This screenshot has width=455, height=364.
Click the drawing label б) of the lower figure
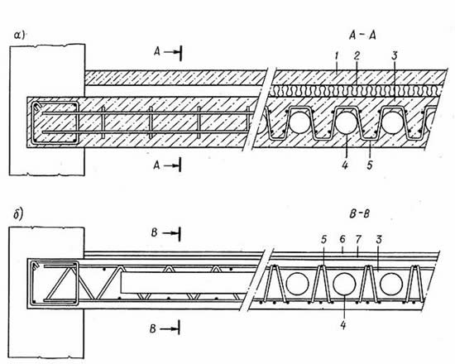(19, 215)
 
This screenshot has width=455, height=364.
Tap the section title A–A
(362, 36)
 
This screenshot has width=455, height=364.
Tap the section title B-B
(359, 214)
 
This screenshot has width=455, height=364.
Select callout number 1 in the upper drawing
(337, 56)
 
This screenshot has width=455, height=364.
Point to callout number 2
(357, 55)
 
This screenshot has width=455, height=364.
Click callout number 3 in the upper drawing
(394, 56)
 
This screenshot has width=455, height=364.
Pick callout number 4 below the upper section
(345, 165)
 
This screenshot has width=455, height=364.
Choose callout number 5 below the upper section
(370, 165)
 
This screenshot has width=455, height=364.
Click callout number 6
(342, 239)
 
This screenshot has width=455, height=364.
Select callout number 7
(358, 239)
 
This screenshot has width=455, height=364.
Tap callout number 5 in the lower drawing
(323, 239)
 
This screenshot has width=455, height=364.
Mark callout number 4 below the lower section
(343, 325)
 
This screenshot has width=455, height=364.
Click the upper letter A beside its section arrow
(157, 52)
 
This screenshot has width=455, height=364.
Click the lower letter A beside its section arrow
(156, 165)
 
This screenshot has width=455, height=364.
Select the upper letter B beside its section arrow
(155, 232)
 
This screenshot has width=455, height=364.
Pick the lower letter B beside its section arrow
(153, 329)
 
